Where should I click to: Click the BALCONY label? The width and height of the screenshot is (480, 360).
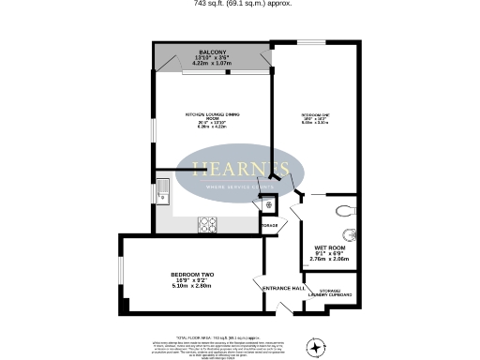point(209,52)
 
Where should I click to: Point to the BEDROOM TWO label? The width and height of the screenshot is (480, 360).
point(191,274)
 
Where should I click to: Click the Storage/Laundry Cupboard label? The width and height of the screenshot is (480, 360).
point(333,293)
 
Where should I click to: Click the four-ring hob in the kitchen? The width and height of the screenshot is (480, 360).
point(207,225)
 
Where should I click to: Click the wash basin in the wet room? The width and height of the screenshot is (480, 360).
point(352,237)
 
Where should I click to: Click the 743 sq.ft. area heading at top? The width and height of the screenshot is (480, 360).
point(240,4)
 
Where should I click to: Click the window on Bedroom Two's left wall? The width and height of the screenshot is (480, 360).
point(121,274)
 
